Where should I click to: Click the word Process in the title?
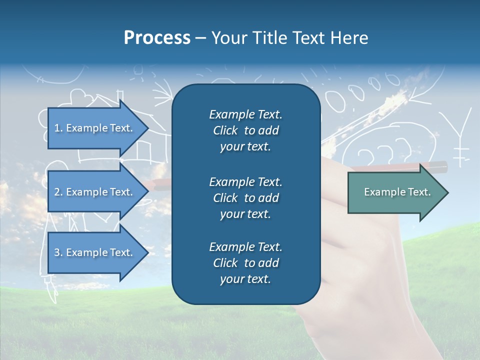pyautogui.click(x=157, y=38)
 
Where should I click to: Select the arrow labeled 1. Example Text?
pyautogui.click(x=95, y=128)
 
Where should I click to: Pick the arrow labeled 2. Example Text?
pyautogui.click(x=95, y=192)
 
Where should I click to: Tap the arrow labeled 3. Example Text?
pyautogui.click(x=95, y=252)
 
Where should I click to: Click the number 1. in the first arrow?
pyautogui.click(x=58, y=128)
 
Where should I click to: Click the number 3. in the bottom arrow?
pyautogui.click(x=58, y=252)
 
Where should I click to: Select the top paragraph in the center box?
pyautogui.click(x=245, y=130)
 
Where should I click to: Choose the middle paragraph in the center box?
pyautogui.click(x=245, y=198)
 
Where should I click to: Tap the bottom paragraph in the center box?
pyautogui.click(x=245, y=263)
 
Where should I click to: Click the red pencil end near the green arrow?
pyautogui.click(x=438, y=165)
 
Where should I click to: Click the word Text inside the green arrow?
pyautogui.click(x=419, y=192)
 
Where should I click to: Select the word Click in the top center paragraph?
pyautogui.click(x=225, y=130)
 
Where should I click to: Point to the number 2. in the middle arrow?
pyautogui.click(x=58, y=192)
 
